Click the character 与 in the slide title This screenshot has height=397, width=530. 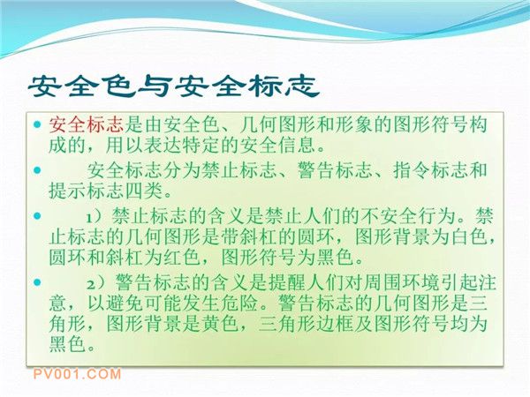(x=154, y=86)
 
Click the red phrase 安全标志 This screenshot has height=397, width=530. (x=87, y=125)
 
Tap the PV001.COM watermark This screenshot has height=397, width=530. (x=77, y=374)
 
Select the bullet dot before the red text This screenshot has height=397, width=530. (x=37, y=124)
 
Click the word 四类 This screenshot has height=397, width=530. (x=144, y=191)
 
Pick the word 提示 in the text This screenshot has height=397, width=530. (x=68, y=191)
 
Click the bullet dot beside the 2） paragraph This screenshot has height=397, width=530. (x=37, y=282)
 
